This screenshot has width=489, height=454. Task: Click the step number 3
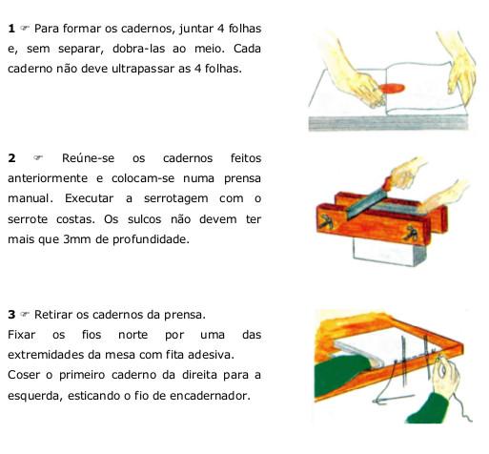click(x=10, y=315)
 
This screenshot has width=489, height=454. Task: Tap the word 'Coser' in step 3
click(x=24, y=375)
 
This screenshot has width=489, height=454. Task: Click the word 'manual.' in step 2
click(x=31, y=198)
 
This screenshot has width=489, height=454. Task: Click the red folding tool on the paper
click(x=389, y=91)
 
